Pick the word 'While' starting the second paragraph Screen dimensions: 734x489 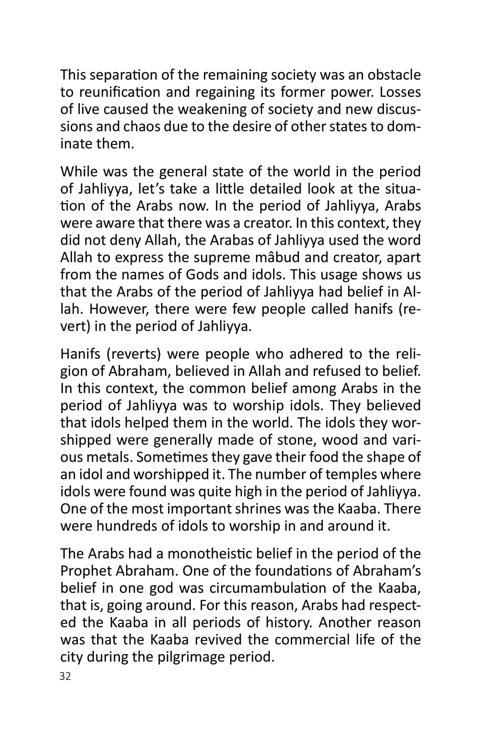(x=78, y=172)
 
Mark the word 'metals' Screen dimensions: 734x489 (x=106, y=457)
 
